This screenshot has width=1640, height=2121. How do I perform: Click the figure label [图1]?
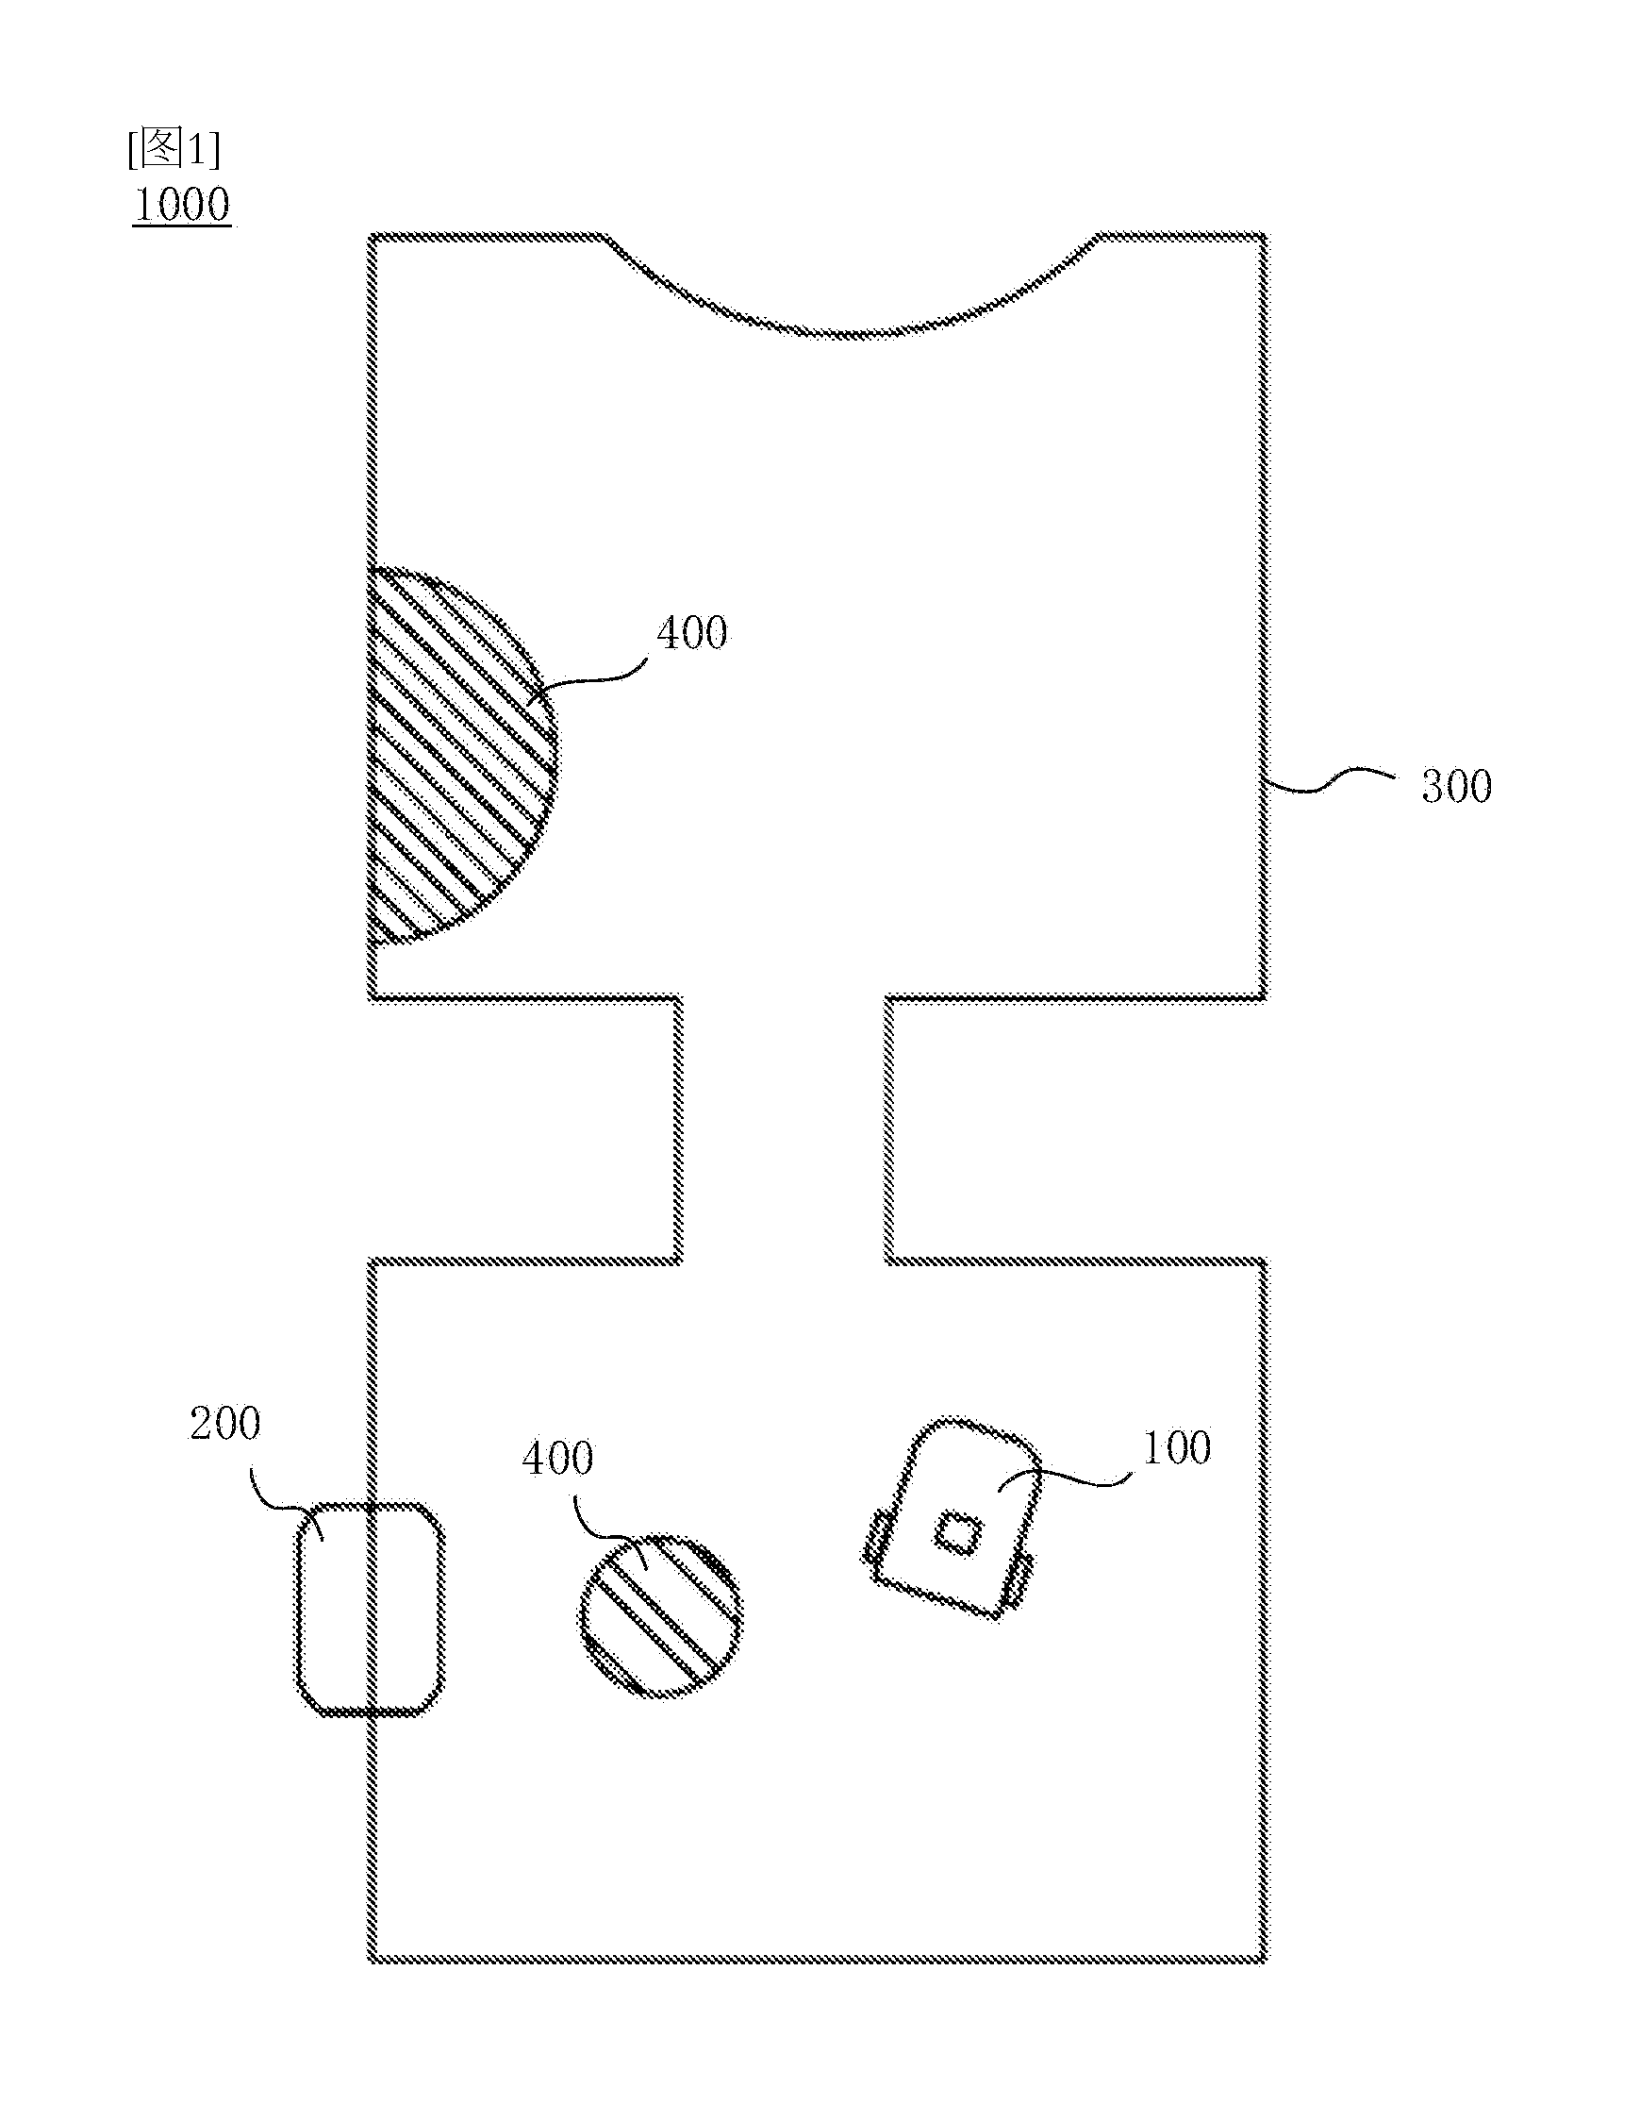(174, 147)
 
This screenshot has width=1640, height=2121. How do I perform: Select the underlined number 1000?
(182, 204)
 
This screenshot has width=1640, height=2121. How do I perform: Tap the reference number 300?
(1456, 787)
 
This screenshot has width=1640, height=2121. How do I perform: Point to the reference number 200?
(224, 1424)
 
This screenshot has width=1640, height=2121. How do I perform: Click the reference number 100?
(1177, 1448)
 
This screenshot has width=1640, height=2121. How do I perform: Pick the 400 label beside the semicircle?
(692, 633)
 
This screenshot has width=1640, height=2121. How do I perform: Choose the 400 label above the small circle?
(557, 1458)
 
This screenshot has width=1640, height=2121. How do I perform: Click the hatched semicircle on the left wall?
(456, 758)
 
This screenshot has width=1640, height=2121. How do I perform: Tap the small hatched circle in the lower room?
(661, 1616)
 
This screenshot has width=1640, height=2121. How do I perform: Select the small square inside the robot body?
(958, 1534)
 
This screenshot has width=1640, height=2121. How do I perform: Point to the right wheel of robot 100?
(1018, 1580)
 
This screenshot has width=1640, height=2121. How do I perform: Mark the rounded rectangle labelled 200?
(370, 1609)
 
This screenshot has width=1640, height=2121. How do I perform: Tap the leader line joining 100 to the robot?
(1064, 1478)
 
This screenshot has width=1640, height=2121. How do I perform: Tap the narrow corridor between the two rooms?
(784, 1128)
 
